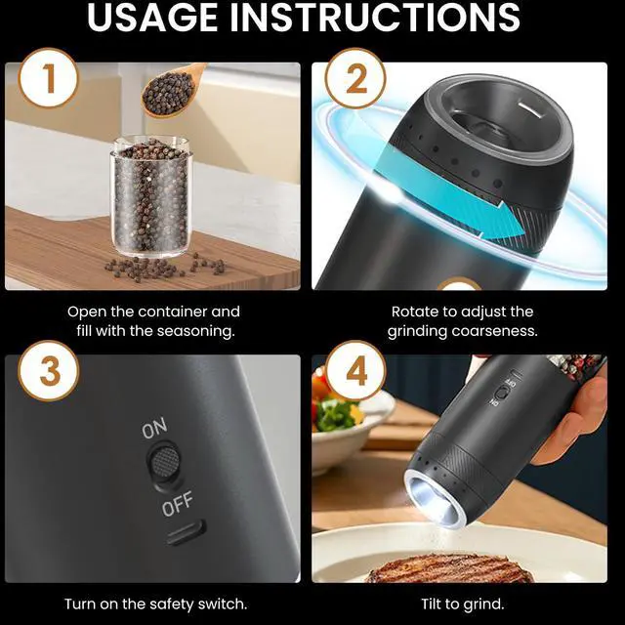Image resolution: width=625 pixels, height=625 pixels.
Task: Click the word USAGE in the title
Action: click(152, 17)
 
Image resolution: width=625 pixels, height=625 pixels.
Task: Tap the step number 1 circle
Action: click(48, 78)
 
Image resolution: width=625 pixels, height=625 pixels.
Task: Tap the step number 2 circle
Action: click(355, 78)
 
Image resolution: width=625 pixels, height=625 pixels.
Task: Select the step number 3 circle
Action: click(48, 371)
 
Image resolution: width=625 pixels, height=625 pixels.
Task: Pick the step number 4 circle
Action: click(355, 371)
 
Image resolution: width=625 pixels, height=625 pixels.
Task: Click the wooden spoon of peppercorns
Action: click(173, 90)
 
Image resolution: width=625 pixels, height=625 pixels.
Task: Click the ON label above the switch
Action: click(154, 428)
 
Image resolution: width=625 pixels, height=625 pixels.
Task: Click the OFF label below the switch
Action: click(178, 504)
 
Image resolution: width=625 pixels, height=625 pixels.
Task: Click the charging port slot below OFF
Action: click(187, 533)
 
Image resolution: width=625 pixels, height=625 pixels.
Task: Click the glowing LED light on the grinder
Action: click(433, 499)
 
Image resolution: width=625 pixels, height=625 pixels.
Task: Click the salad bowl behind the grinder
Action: click(351, 427)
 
